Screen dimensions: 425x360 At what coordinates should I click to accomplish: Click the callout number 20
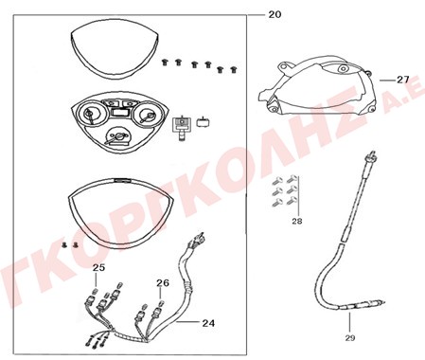point(274,14)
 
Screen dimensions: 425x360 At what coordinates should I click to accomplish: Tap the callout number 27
point(402,80)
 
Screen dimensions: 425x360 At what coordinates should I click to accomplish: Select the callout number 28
point(296,221)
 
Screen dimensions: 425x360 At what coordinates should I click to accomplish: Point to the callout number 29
point(350,338)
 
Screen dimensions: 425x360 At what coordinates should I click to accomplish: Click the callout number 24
point(208,323)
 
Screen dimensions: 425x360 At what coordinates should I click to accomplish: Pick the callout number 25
point(98,268)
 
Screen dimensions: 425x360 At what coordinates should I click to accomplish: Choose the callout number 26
point(163,283)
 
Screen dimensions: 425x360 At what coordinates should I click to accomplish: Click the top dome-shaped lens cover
point(114,49)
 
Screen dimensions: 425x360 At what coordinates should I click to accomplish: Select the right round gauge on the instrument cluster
point(146,117)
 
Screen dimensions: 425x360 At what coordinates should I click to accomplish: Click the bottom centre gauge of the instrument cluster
point(117,135)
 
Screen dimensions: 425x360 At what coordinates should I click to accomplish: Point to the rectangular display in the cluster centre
point(119,112)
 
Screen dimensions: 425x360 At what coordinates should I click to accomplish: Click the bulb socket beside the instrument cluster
point(182,127)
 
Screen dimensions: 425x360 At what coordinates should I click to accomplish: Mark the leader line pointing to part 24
point(188,322)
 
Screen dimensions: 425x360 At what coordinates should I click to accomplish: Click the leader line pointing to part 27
point(387,81)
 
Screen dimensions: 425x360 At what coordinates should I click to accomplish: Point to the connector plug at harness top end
point(198,238)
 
